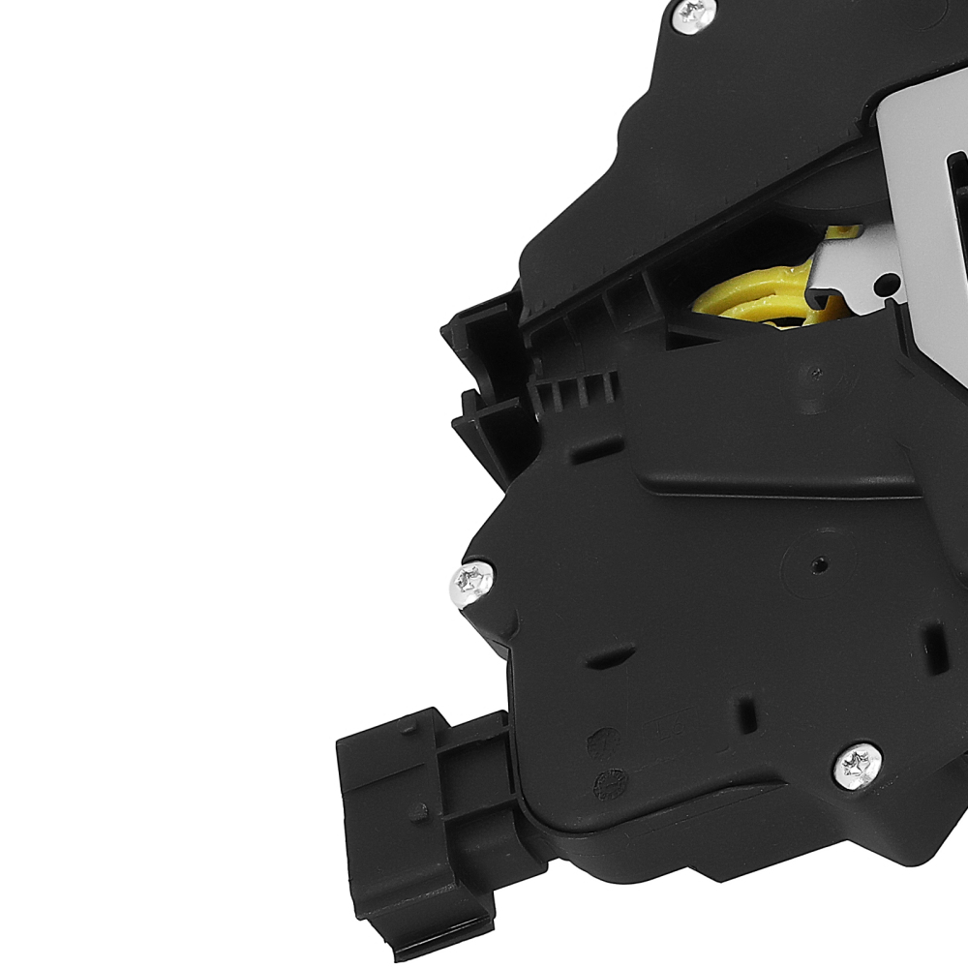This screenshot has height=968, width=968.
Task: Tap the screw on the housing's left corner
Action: [x=472, y=582]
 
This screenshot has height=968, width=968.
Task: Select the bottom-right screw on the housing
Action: [x=858, y=765]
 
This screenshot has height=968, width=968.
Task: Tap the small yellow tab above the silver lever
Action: [x=845, y=233]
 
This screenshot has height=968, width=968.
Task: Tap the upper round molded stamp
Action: [x=601, y=741]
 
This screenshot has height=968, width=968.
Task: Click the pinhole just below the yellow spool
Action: [x=816, y=374]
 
